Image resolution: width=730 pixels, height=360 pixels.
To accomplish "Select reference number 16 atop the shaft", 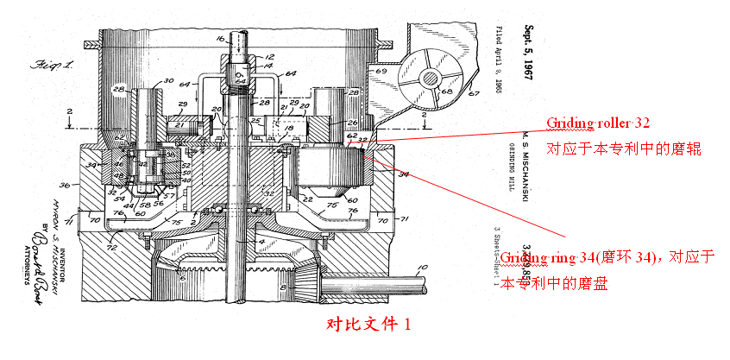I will tap(219, 40).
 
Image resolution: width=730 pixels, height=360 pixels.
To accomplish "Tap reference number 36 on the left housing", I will tap(63, 185).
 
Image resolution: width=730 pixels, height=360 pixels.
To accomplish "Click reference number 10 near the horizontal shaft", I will tap(420, 268).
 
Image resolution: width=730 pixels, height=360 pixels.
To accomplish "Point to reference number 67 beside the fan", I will tap(473, 94).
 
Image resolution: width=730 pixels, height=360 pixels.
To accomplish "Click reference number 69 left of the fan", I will tap(381, 69).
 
